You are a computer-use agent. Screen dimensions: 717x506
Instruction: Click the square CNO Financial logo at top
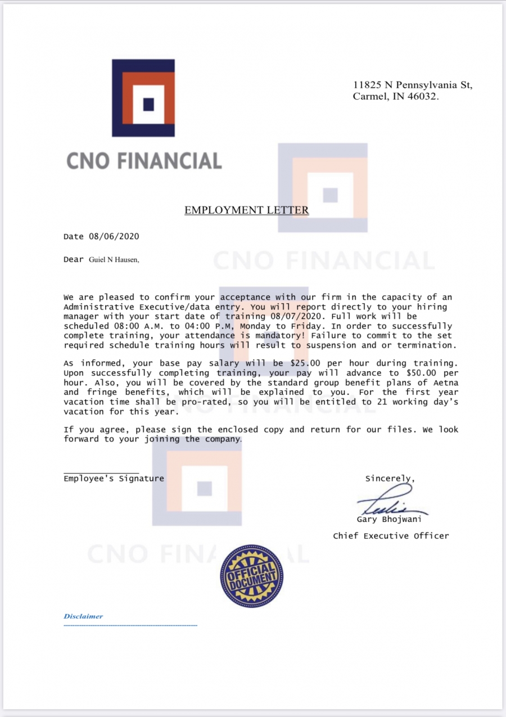tap(143, 98)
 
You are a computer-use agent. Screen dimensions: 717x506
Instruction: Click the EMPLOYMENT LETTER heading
tap(246, 210)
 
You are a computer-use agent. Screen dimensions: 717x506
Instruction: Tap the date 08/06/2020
tap(114, 236)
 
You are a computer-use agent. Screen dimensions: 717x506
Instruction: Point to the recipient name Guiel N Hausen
tap(114, 260)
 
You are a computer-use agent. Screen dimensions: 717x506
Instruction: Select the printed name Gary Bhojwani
tap(389, 520)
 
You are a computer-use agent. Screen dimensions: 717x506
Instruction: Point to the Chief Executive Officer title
tap(391, 536)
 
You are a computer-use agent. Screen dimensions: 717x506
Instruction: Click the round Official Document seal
tap(252, 576)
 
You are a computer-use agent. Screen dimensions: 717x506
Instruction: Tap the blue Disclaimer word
tap(83, 616)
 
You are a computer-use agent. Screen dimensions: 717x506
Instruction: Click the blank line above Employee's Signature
tap(101, 473)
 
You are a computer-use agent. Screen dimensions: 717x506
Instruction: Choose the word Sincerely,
tap(390, 479)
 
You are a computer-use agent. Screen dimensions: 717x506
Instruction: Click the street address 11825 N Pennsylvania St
tap(413, 85)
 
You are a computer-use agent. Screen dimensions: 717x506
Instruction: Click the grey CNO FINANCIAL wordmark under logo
tap(144, 161)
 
